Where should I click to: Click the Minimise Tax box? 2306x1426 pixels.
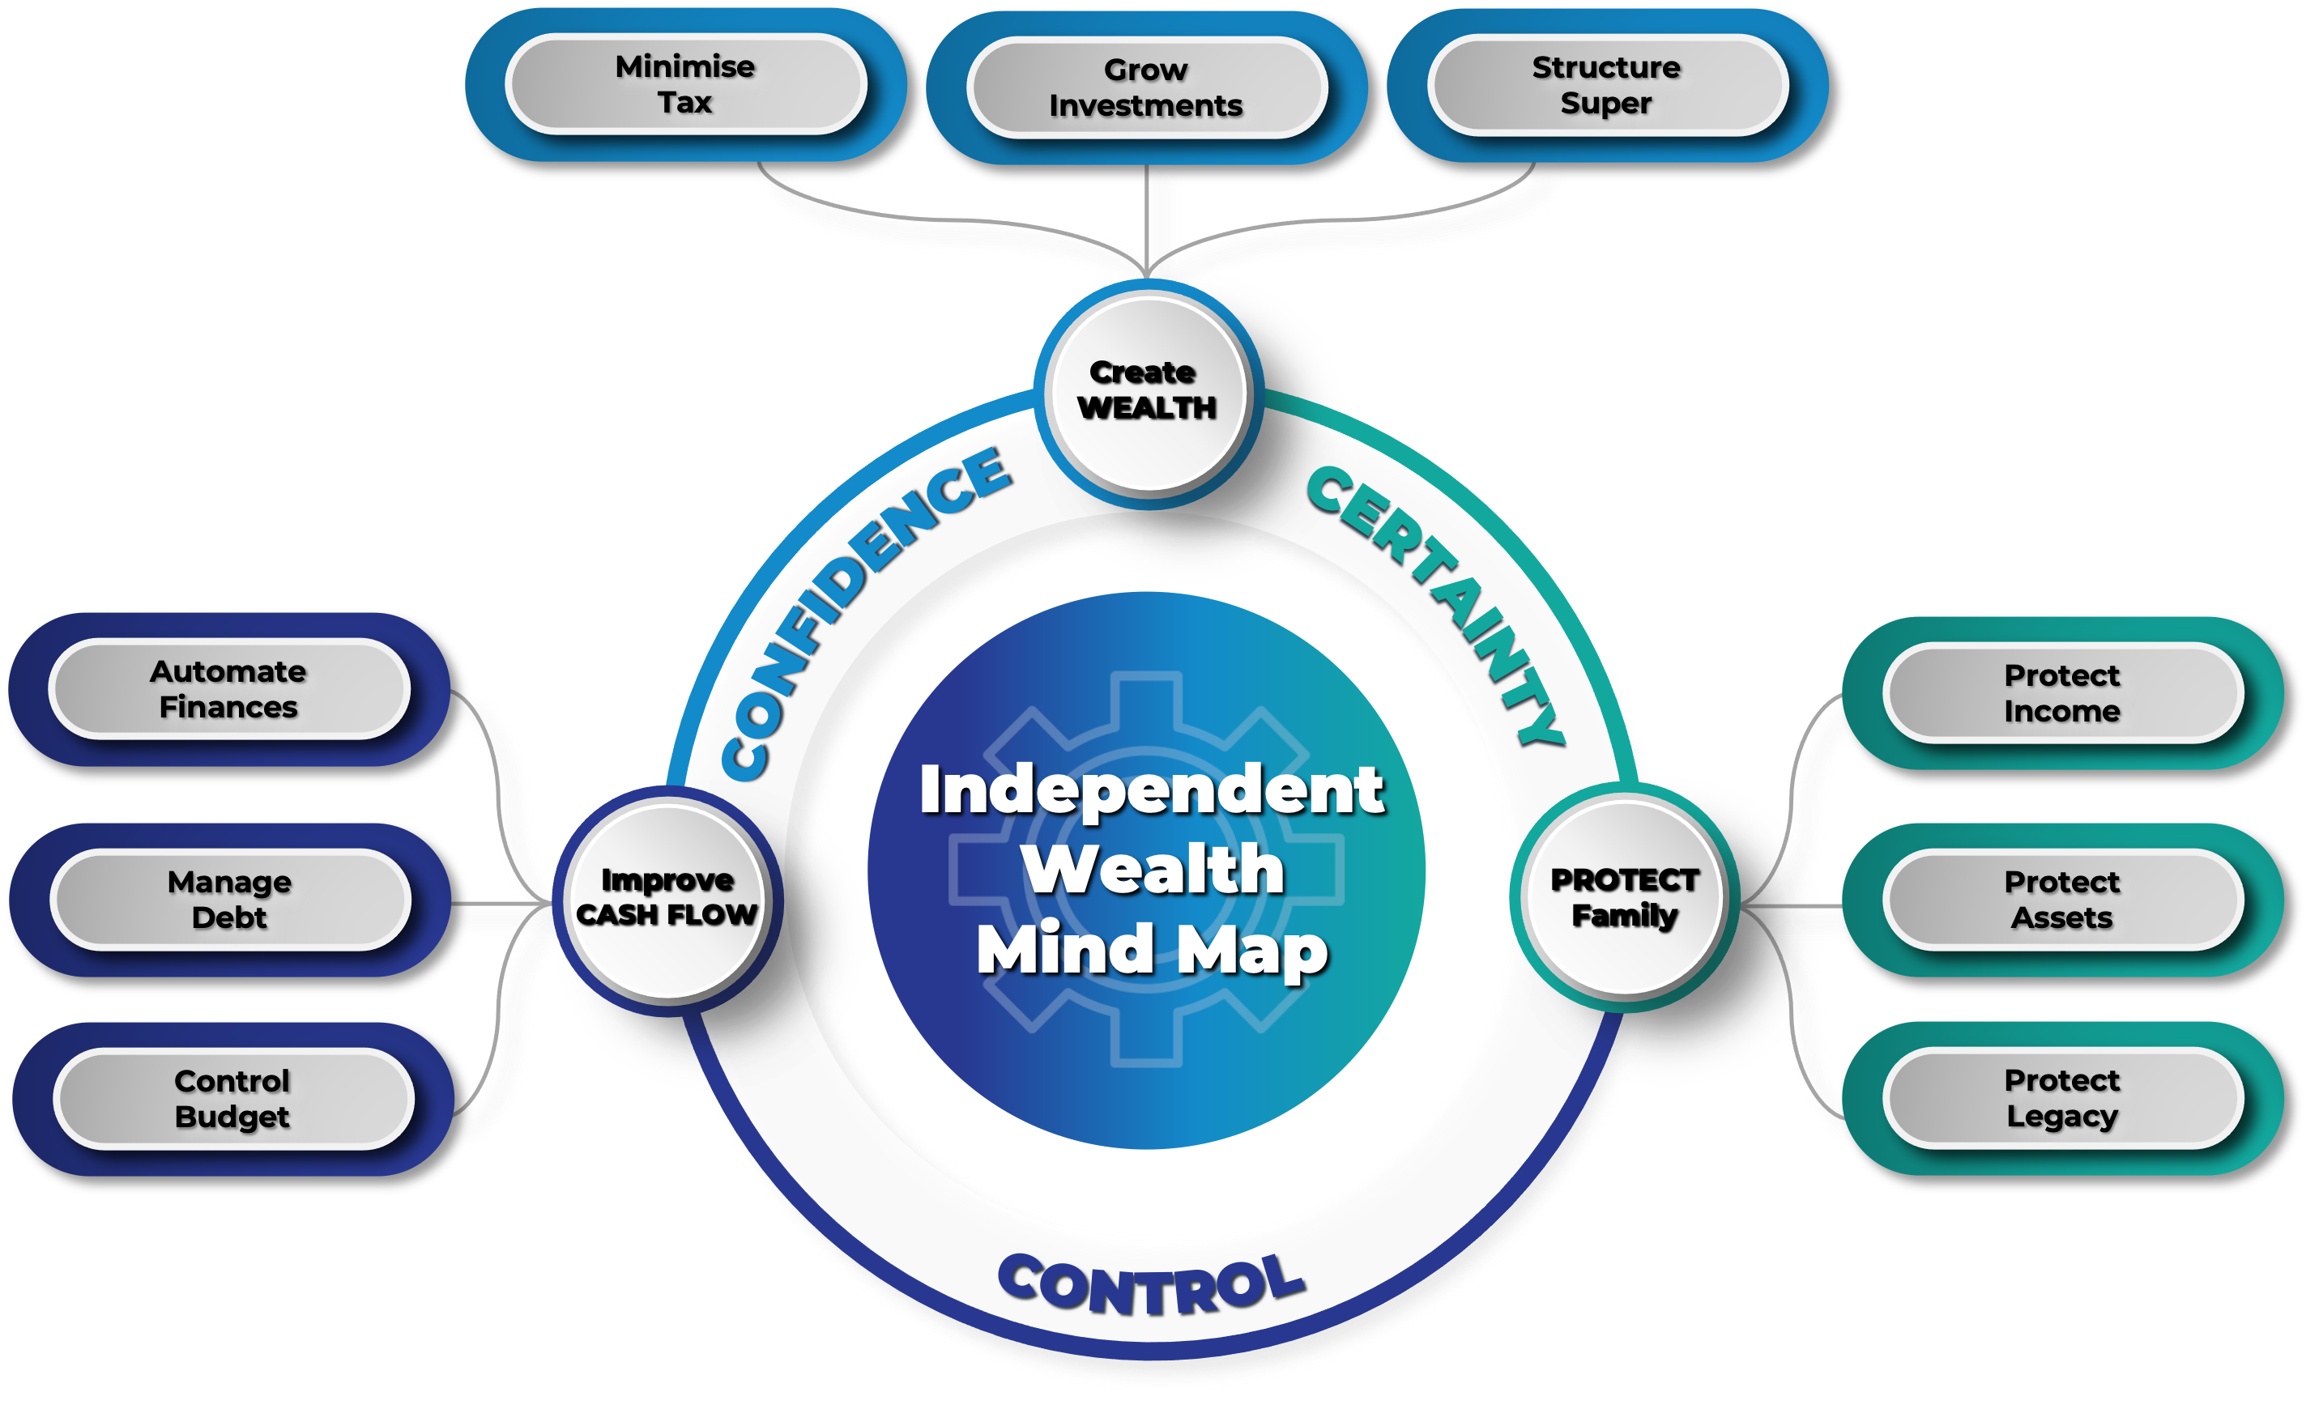(x=686, y=85)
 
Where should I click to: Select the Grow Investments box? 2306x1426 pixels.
(x=1146, y=87)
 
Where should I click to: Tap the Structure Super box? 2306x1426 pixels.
(x=1606, y=86)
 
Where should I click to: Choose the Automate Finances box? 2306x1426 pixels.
(x=228, y=689)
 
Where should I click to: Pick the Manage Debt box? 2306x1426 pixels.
(x=230, y=900)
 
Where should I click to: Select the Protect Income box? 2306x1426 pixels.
(x=2063, y=693)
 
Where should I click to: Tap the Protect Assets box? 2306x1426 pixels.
(x=2063, y=900)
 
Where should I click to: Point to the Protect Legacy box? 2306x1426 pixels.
(x=2063, y=1098)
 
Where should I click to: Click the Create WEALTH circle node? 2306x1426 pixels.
(x=1147, y=391)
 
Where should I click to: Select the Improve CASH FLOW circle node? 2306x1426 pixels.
(x=667, y=898)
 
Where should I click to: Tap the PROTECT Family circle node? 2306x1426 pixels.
(x=1624, y=898)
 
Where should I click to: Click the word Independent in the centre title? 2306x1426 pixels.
(x=1152, y=790)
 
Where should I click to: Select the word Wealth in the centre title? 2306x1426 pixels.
(x=1153, y=869)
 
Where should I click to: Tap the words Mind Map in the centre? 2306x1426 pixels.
(x=1153, y=950)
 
